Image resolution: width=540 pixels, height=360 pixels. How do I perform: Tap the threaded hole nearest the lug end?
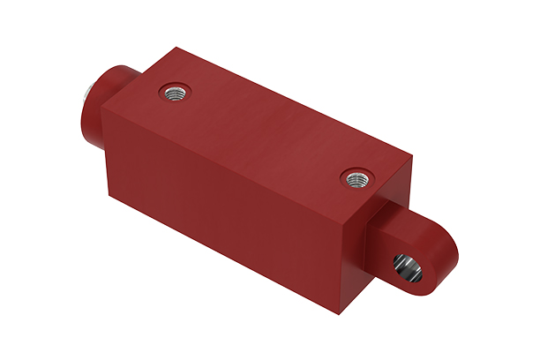[x=356, y=179]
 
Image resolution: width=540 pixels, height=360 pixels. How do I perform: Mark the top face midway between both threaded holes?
[x=265, y=134]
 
